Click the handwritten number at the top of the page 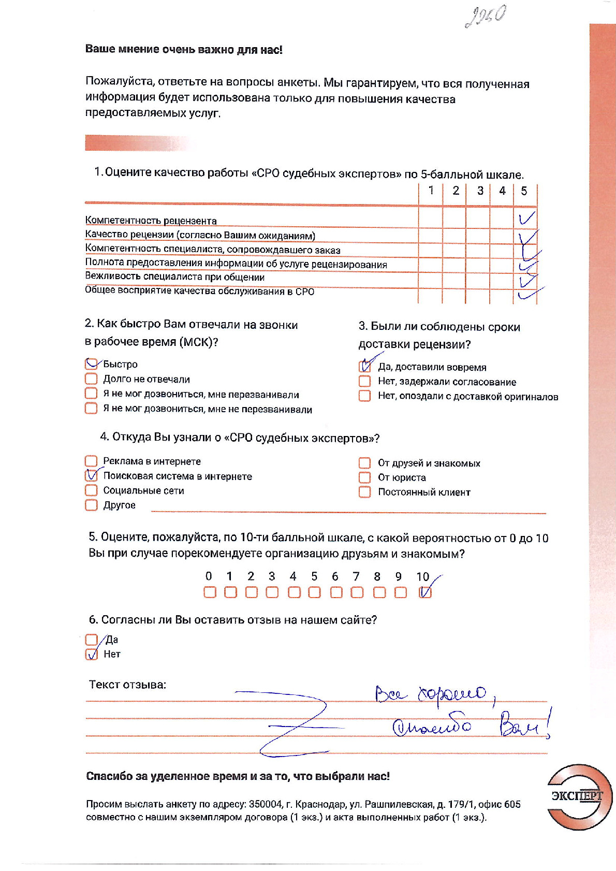point(486,17)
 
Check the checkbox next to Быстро point(91,364)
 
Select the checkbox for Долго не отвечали point(91,379)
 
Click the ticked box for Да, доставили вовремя point(365,367)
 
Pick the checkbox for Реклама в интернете point(91,461)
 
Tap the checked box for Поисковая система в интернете point(91,475)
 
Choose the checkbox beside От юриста point(365,477)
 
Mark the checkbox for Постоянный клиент point(365,492)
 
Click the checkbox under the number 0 point(210,592)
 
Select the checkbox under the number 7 point(357,592)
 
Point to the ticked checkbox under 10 point(425,592)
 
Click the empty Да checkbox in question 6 point(91,640)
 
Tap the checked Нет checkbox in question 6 point(91,654)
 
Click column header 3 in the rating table point(480,191)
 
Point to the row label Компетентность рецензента point(151,221)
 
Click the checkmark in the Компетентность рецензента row point(526,218)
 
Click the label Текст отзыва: point(127,685)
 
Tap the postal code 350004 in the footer point(266,804)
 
